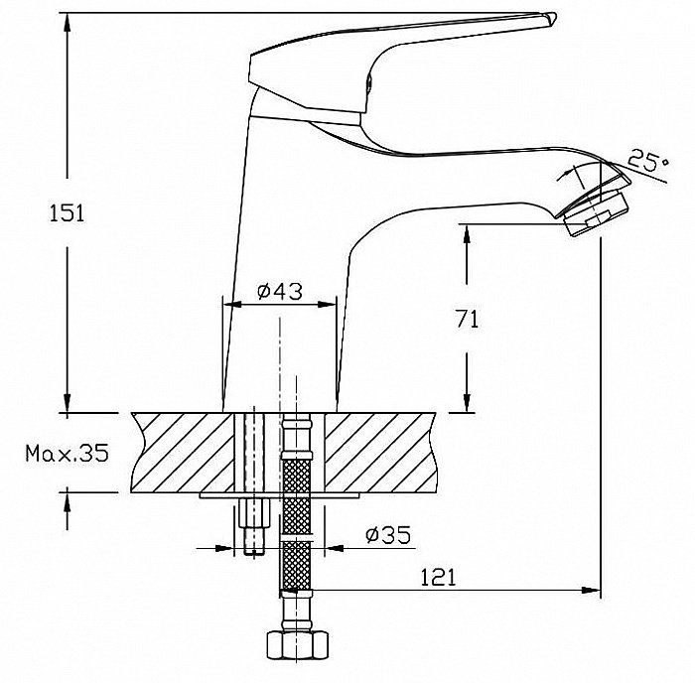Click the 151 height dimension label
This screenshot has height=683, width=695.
coord(67,213)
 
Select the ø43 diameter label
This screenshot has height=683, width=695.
coord(280,291)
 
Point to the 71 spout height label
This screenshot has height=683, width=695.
coord(468,319)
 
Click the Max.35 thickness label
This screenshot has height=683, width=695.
coord(67,453)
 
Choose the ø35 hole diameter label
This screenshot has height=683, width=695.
coord(388,534)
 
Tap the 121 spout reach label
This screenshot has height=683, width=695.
coord(438,577)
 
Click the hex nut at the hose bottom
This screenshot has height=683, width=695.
coord(298,645)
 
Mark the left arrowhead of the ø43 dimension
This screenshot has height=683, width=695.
coord(231,305)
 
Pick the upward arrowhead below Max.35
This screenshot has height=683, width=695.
coord(67,501)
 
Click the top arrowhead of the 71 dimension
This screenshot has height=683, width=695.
coord(467,233)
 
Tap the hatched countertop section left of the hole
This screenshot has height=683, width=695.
coord(182,453)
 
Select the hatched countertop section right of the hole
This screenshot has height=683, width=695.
coord(380,453)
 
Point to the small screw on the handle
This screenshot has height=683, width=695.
coord(368,82)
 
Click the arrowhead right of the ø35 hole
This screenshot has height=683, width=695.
coord(335,548)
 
